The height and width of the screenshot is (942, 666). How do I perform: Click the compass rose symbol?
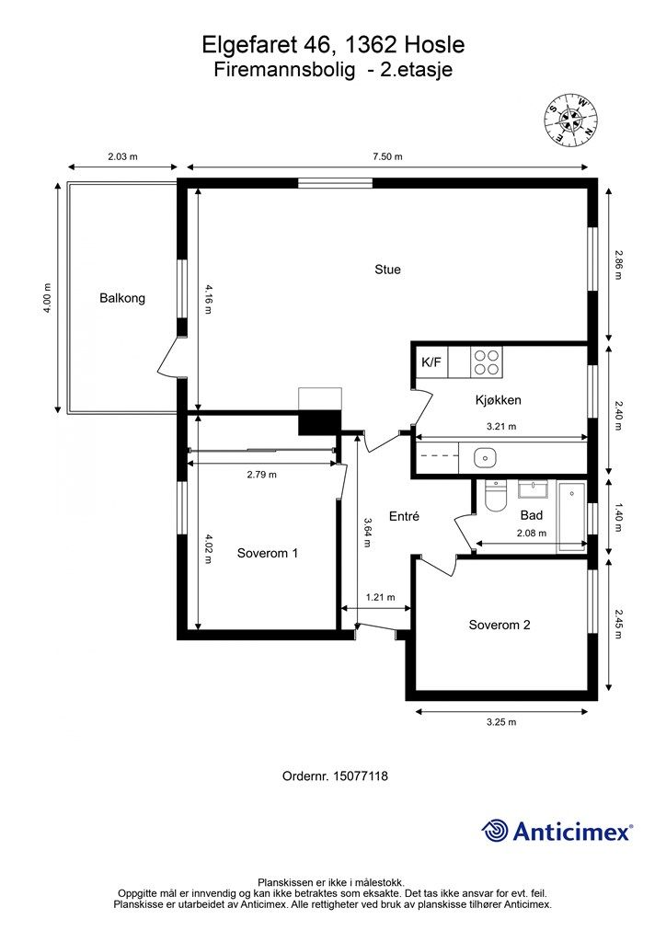click(571, 121)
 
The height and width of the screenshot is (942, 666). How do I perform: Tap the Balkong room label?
click(122, 298)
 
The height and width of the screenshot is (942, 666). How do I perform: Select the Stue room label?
click(387, 270)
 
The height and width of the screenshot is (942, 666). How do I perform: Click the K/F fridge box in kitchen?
click(431, 362)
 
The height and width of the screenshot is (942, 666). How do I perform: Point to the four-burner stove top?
click(487, 362)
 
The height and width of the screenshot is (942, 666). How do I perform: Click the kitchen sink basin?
click(485, 458)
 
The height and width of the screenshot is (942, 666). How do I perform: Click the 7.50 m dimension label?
click(387, 156)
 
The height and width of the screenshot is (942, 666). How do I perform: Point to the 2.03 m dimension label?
click(122, 156)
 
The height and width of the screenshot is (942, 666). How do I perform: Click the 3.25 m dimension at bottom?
click(501, 722)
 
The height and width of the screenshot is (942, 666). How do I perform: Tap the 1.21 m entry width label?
click(381, 597)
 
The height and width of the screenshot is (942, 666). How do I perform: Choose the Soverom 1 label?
click(268, 553)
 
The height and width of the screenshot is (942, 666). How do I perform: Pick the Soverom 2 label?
click(499, 625)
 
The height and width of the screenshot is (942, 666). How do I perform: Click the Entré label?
click(404, 516)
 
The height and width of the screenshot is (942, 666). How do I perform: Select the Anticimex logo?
click(557, 831)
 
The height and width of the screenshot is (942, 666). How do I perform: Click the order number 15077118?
click(361, 776)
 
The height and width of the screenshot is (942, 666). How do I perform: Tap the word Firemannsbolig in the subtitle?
click(284, 70)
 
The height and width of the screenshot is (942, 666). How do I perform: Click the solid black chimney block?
click(319, 421)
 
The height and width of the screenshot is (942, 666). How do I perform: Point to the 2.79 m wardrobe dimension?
click(262, 475)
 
